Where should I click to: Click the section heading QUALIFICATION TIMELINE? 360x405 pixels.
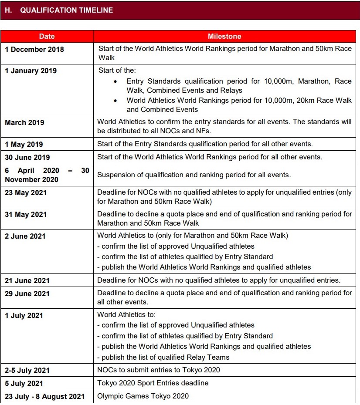[x=66, y=10]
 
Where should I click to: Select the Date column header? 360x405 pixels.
[x=47, y=37]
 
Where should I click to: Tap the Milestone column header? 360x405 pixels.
[x=224, y=37]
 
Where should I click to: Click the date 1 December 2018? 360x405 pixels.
[x=34, y=49]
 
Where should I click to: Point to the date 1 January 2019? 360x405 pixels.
[x=31, y=71]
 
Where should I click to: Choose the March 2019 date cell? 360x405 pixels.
[x=24, y=122]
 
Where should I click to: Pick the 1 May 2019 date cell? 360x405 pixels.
[x=24, y=144]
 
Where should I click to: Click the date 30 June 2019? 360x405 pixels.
[x=27, y=157]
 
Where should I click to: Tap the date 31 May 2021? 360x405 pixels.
[x=26, y=214]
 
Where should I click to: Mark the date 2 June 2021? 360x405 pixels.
[x=25, y=236]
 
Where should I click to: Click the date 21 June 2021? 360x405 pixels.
[x=27, y=280]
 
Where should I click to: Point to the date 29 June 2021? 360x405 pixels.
[x=27, y=294]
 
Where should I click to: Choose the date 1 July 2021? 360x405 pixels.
[x=24, y=315]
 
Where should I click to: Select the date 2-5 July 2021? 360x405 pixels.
[x=27, y=370]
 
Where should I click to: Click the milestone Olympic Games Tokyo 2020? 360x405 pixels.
[x=143, y=396]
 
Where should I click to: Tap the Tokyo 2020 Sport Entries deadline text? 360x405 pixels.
[x=153, y=383]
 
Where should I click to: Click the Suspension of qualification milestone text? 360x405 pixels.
[x=194, y=175]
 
